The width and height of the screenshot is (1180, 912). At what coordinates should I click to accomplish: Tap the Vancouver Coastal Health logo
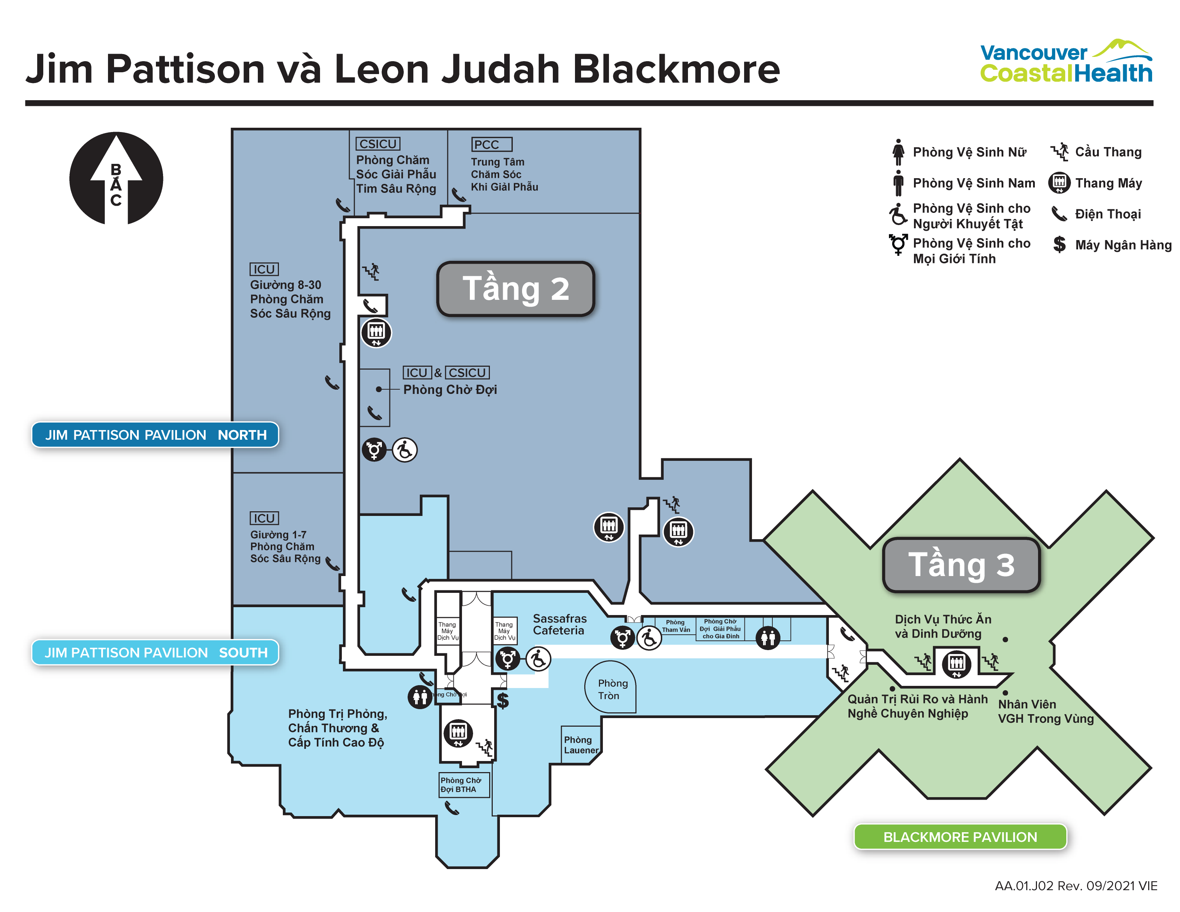click(1066, 62)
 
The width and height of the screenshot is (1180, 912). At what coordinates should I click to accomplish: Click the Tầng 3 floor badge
click(961, 565)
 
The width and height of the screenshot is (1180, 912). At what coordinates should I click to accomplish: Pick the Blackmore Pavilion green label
click(960, 837)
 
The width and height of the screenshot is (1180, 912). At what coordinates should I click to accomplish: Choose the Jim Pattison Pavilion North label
click(155, 435)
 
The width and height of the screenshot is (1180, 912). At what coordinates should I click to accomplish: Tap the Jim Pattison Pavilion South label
click(155, 653)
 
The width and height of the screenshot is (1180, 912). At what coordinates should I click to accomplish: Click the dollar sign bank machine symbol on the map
click(502, 701)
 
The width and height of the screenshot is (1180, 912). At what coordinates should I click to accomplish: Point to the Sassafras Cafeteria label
click(559, 624)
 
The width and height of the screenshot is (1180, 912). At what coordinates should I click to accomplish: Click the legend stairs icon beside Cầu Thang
click(1059, 152)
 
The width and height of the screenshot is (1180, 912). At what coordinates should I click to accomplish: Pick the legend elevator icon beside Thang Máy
click(1059, 183)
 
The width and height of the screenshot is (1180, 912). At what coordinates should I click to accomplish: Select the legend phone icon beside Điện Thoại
click(1059, 214)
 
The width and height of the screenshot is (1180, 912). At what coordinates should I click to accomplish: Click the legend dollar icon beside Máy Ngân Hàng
click(1059, 244)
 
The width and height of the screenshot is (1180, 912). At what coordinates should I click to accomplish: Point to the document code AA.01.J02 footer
click(1075, 886)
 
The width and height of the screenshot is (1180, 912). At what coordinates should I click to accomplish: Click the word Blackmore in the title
click(675, 69)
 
